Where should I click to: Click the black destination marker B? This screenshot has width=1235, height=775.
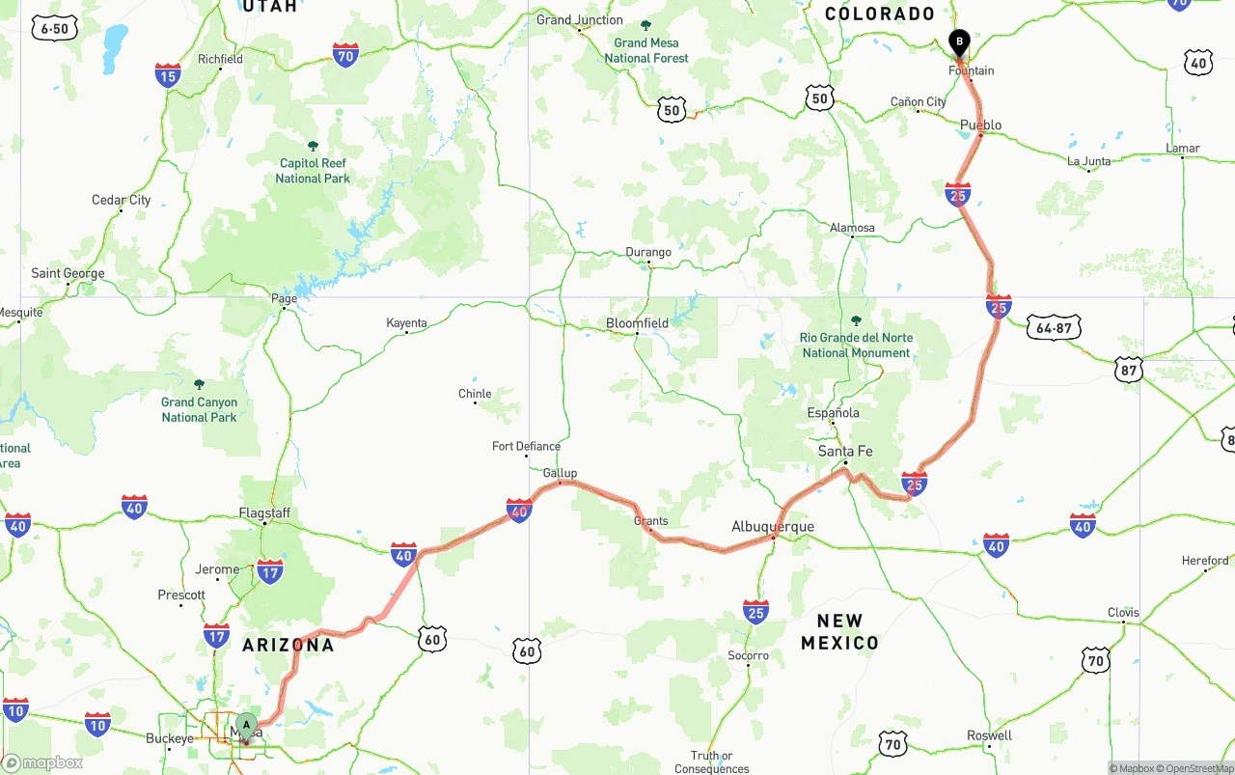[959, 42]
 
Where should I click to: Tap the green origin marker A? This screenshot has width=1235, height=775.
[246, 725]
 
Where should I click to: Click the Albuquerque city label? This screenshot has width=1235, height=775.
[773, 527]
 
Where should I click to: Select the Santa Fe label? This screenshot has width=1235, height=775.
[845, 451]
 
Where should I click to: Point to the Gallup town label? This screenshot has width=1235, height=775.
[560, 473]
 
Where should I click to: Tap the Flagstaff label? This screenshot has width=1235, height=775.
[264, 513]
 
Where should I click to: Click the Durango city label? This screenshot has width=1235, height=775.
[648, 253]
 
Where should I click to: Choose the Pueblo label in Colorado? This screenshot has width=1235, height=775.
[980, 125]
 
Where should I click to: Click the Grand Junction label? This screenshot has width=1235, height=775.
[580, 20]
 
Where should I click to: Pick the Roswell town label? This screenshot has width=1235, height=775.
[989, 735]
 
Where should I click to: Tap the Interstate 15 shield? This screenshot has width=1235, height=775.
[168, 75]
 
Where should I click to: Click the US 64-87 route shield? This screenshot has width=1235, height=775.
[1054, 328]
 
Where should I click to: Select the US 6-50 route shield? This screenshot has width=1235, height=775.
[54, 29]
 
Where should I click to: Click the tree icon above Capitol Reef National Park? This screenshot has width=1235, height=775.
[313, 146]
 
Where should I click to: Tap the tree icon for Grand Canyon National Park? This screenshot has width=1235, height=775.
[199, 384]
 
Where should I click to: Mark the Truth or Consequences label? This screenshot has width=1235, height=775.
[712, 762]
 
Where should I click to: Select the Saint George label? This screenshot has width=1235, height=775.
[68, 273]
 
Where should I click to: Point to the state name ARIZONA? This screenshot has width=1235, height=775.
[288, 645]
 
